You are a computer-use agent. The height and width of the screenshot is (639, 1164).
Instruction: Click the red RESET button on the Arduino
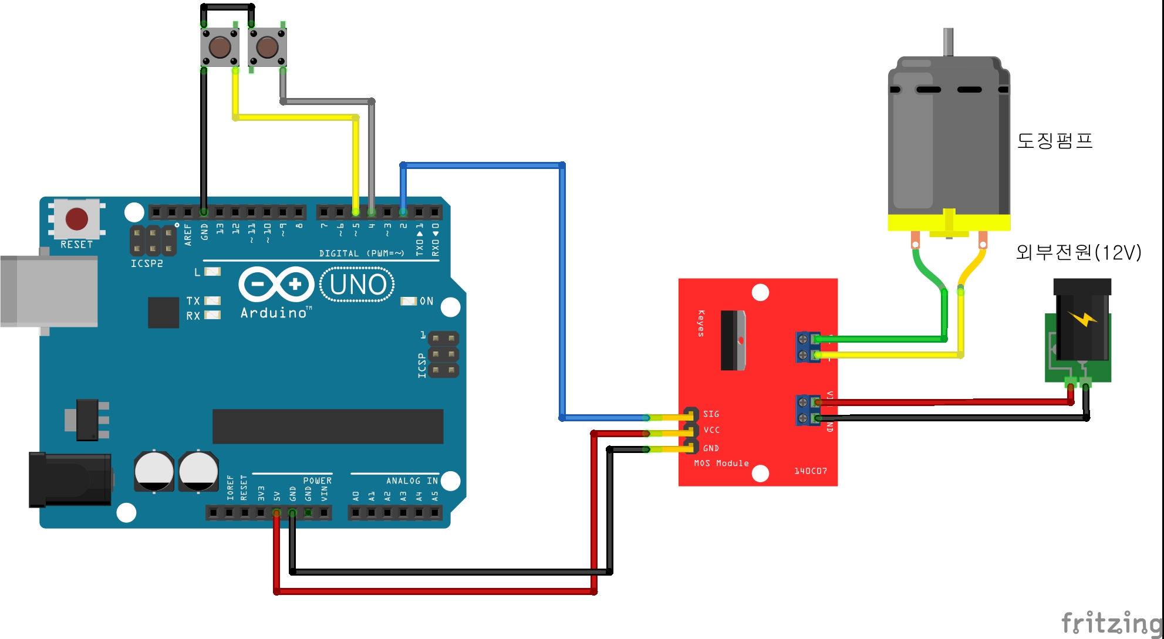point(77,219)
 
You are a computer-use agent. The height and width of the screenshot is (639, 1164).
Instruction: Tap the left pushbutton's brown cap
point(220,46)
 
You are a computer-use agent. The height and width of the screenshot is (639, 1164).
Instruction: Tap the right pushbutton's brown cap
point(267,47)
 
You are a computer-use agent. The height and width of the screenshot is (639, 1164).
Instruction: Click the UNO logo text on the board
point(357,285)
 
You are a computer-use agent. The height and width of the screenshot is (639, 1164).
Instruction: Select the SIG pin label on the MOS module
point(711,414)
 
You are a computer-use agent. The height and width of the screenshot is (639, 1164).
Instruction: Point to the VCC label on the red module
point(711,430)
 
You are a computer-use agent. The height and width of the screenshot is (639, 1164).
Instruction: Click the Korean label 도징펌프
point(1054,141)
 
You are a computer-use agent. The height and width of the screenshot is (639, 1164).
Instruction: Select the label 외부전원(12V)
point(1078,252)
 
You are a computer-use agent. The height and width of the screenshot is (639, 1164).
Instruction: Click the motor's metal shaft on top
point(948,42)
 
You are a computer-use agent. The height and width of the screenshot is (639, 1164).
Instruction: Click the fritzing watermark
point(1111,623)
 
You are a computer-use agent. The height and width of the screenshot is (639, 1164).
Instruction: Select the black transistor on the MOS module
point(733,340)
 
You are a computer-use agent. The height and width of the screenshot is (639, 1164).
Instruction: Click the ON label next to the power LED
point(427,301)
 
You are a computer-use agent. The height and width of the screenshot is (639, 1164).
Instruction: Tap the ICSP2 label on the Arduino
point(147,264)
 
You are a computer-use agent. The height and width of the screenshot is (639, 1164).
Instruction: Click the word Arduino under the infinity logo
point(274,313)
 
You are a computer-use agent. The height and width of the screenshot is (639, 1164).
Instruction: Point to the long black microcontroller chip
point(328,427)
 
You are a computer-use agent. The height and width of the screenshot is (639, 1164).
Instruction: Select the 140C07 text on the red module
point(811,471)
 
